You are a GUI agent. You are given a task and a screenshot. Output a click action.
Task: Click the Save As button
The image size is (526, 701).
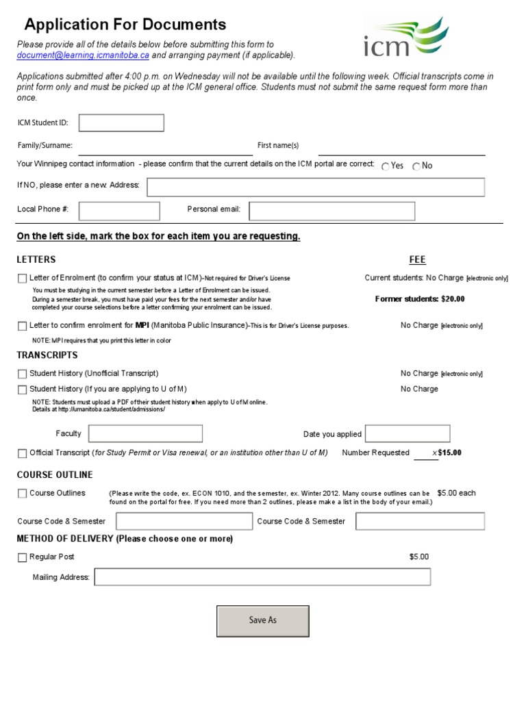pyautogui.click(x=263, y=620)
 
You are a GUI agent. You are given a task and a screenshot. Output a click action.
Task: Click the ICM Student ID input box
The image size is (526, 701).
pyautogui.click(x=121, y=123)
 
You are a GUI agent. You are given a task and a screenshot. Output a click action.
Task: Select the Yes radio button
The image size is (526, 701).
pyautogui.click(x=386, y=166)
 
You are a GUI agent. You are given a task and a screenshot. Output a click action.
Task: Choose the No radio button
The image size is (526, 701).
pyautogui.click(x=416, y=166)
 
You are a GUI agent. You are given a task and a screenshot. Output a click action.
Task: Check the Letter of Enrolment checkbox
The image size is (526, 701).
pyautogui.click(x=23, y=279)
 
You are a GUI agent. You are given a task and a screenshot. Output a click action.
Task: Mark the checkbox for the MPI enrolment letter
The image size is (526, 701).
pyautogui.click(x=23, y=326)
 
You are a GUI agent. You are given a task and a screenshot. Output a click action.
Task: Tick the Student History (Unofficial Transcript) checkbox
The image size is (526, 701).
pyautogui.click(x=23, y=374)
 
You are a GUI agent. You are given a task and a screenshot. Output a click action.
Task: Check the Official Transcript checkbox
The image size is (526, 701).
pyautogui.click(x=23, y=453)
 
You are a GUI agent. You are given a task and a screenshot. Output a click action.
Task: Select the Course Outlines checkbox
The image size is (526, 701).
pyautogui.click(x=23, y=493)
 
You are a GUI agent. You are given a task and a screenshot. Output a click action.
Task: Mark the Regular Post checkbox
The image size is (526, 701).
pyautogui.click(x=23, y=557)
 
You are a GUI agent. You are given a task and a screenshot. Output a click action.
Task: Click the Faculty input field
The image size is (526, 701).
pyautogui.click(x=146, y=433)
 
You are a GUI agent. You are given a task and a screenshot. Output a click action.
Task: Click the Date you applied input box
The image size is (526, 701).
pyautogui.click(x=408, y=433)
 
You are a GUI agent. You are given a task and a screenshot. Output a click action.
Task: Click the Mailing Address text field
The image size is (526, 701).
pyautogui.click(x=263, y=577)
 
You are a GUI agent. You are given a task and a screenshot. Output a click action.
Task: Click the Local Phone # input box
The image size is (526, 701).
pyautogui.click(x=120, y=211)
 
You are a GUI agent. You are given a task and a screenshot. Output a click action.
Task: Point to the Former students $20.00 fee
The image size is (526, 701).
pyautogui.click(x=420, y=299)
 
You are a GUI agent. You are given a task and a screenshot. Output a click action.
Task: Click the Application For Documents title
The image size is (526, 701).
pyautogui.click(x=125, y=25)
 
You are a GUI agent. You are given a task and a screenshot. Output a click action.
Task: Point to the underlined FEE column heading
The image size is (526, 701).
pyautogui.click(x=417, y=259)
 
